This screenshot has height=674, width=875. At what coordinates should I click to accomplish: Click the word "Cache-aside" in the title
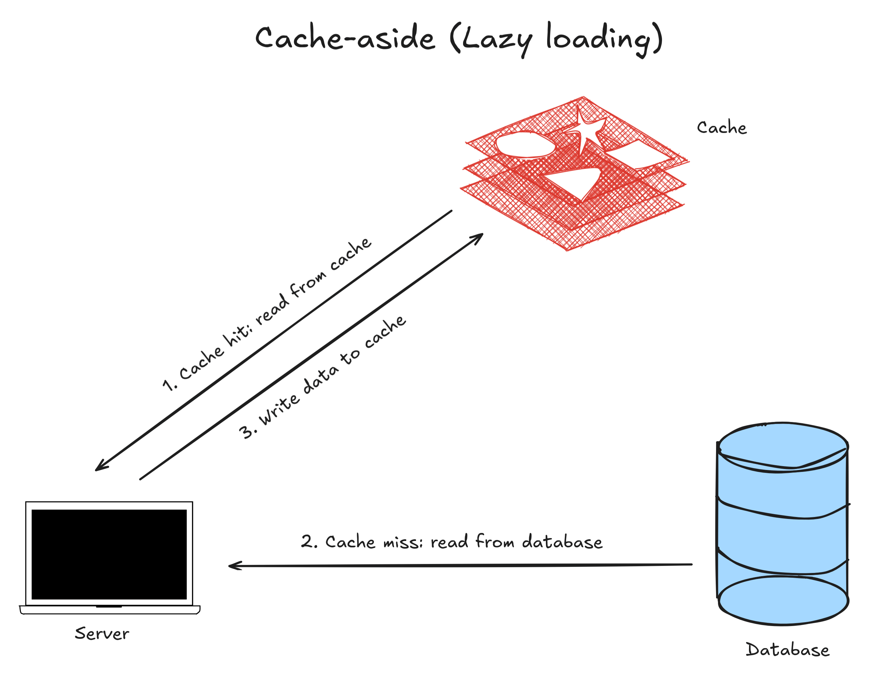click(x=344, y=38)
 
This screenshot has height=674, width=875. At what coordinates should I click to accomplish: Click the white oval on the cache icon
click(x=525, y=145)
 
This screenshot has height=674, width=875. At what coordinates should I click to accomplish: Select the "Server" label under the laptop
click(x=102, y=633)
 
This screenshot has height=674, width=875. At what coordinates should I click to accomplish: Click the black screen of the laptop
click(x=109, y=554)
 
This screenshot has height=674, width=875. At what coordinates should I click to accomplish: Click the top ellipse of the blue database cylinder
click(x=783, y=447)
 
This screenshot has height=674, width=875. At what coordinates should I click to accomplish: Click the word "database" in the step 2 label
click(x=562, y=542)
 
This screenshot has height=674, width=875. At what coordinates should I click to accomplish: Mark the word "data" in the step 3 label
click(x=320, y=379)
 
